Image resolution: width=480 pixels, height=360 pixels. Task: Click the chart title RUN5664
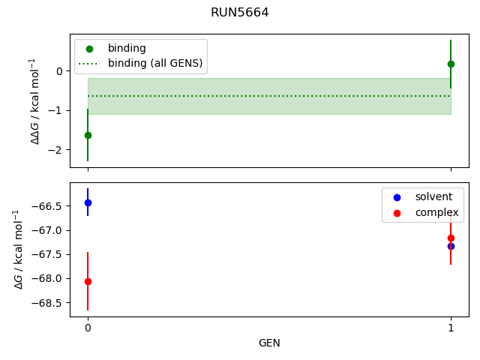(240, 13)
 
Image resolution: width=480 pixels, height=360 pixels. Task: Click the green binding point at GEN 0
(88, 135)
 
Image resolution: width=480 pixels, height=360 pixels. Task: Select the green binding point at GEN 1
(451, 64)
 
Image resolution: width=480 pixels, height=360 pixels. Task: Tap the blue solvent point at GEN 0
(88, 202)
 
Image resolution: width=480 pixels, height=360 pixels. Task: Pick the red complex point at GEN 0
(88, 281)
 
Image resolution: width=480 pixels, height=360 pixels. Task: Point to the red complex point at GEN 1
(451, 238)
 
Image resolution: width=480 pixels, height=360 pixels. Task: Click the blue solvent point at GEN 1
(451, 246)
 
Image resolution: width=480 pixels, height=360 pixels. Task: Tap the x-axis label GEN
(269, 343)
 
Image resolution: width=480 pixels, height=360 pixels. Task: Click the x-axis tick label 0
(88, 328)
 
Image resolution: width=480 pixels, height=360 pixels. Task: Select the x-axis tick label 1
(451, 328)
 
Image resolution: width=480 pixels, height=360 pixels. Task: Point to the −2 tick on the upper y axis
(58, 150)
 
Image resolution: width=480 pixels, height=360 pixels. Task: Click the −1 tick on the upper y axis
(58, 110)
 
